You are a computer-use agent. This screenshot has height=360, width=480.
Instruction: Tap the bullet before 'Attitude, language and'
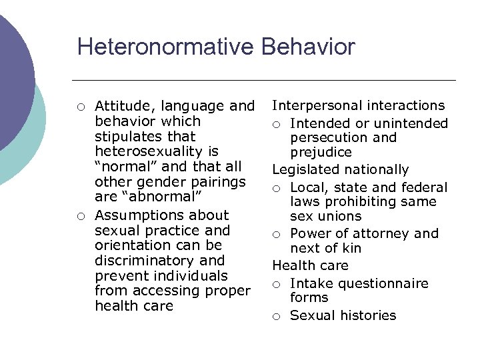coord(80,107)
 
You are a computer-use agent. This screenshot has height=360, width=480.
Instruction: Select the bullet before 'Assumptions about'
coord(80,216)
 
